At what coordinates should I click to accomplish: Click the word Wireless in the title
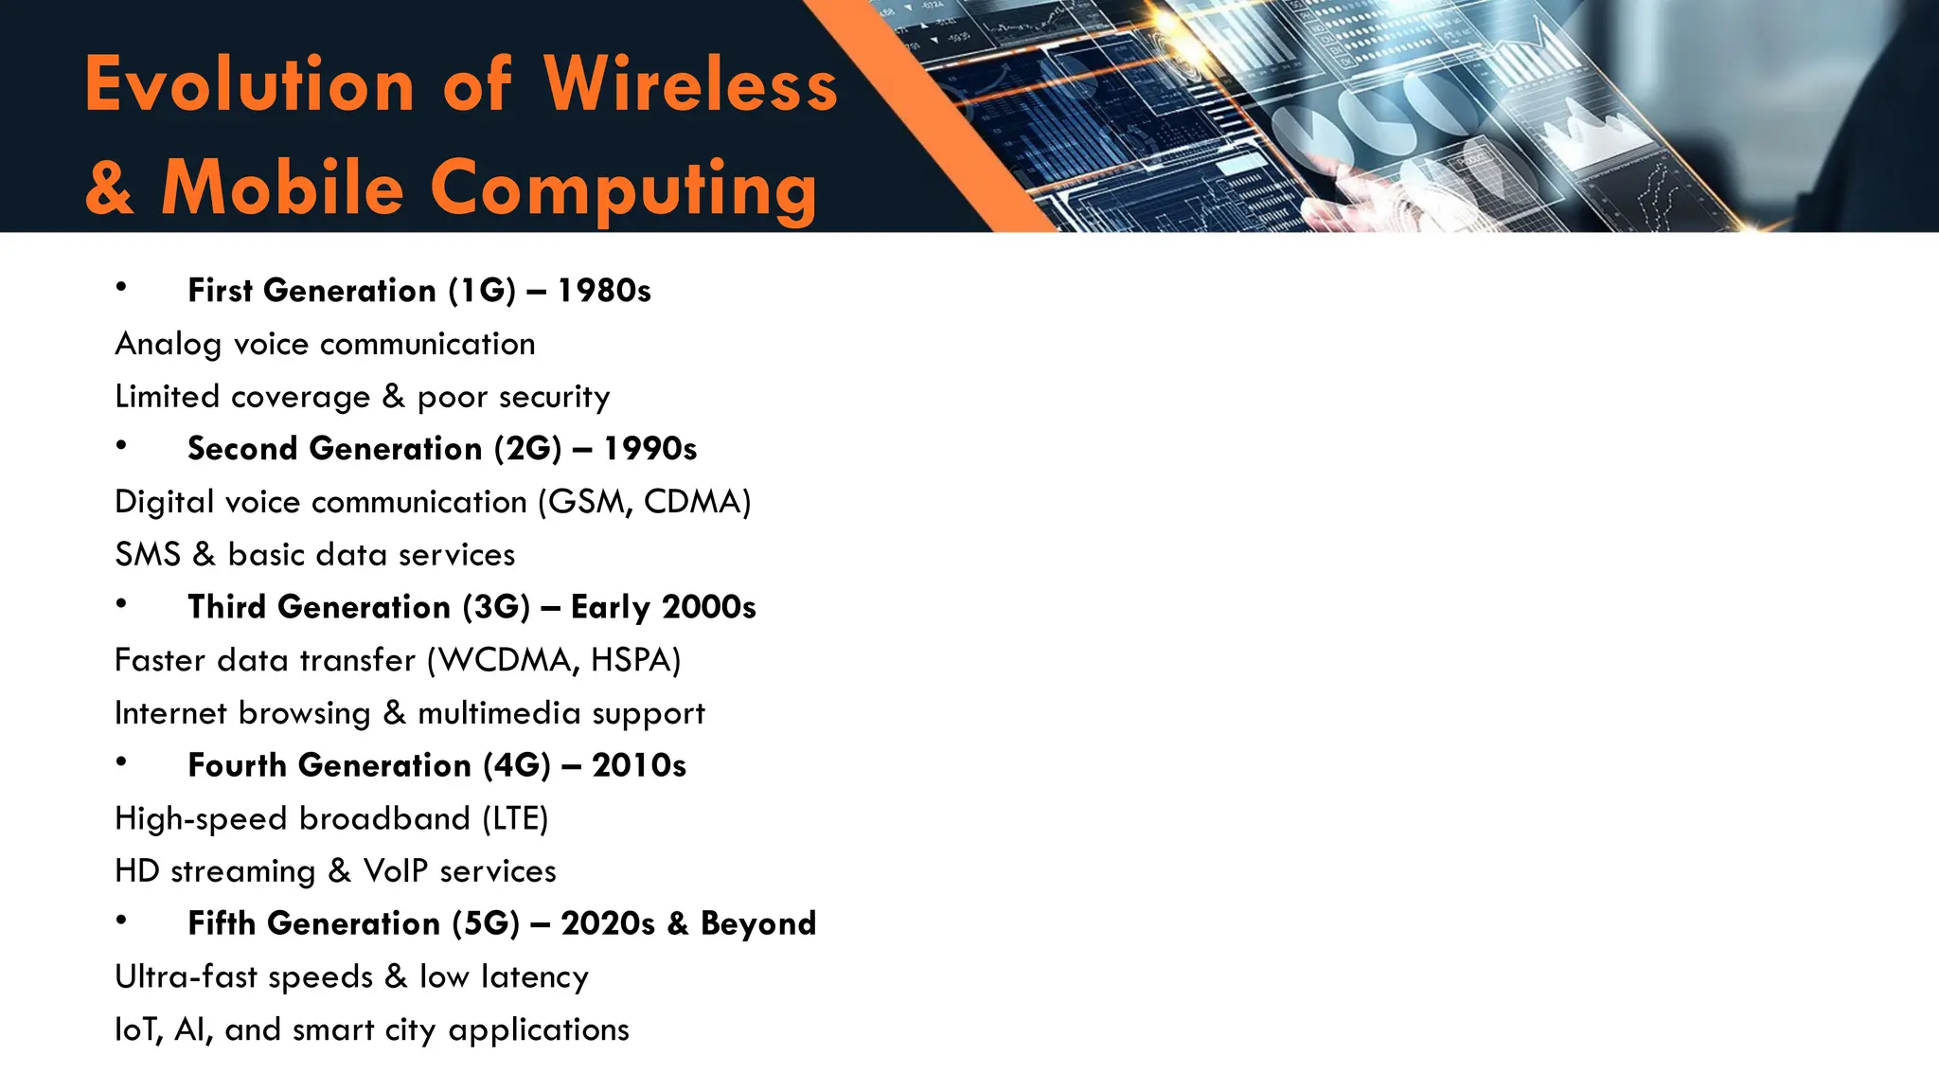[x=690, y=84]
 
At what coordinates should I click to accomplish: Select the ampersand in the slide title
[x=109, y=188]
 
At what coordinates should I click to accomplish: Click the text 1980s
[x=604, y=291]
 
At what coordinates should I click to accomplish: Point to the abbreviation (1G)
[x=482, y=291]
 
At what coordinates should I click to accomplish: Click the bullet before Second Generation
[x=121, y=445]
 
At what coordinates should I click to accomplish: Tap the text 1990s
[x=649, y=449]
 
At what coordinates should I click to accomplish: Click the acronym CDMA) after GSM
[x=698, y=502]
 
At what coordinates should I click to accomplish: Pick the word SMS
[x=148, y=555]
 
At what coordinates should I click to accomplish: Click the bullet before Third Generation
[x=121, y=603]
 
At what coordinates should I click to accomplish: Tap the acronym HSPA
[x=634, y=660]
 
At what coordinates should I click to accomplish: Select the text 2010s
[x=639, y=765]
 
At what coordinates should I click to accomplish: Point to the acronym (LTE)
[x=516, y=818]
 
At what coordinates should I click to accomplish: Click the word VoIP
[x=396, y=871]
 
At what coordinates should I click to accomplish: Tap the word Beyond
[x=758, y=923]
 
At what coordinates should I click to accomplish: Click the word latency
[x=535, y=976]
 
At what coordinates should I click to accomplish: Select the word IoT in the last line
[x=138, y=1029]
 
